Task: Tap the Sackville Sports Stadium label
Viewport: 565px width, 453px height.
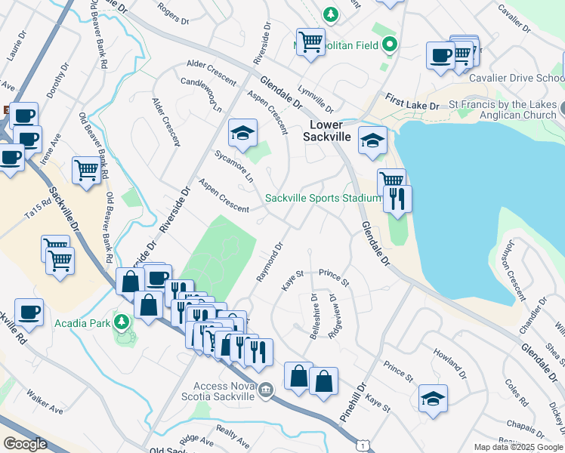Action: pos(323,199)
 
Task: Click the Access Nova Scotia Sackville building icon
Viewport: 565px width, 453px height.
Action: pos(265,390)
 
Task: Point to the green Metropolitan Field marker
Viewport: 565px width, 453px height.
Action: pos(390,45)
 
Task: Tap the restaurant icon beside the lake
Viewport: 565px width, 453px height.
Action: pos(397,199)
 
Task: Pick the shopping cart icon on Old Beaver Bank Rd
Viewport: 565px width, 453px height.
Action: pos(87,171)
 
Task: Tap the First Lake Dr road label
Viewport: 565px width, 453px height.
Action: pos(412,103)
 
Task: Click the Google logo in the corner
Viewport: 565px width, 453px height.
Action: pos(25,444)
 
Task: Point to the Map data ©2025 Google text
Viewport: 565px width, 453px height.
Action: pos(517,447)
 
